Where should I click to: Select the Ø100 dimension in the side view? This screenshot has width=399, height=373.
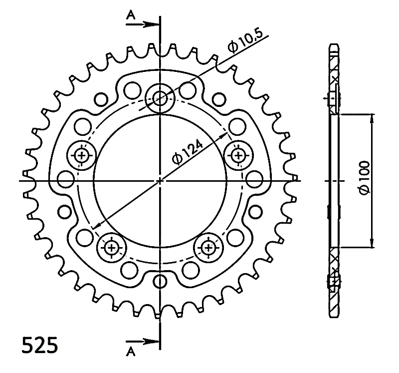click(x=364, y=178)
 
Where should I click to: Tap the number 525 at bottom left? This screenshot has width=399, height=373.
click(x=40, y=345)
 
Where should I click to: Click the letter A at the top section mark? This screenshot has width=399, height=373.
click(x=131, y=15)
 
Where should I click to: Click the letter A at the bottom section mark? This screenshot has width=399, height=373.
click(x=131, y=352)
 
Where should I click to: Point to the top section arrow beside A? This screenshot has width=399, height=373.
click(x=143, y=24)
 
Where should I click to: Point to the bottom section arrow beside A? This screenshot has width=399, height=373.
click(x=143, y=342)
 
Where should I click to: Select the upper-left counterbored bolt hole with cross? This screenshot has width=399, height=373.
click(x=81, y=155)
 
